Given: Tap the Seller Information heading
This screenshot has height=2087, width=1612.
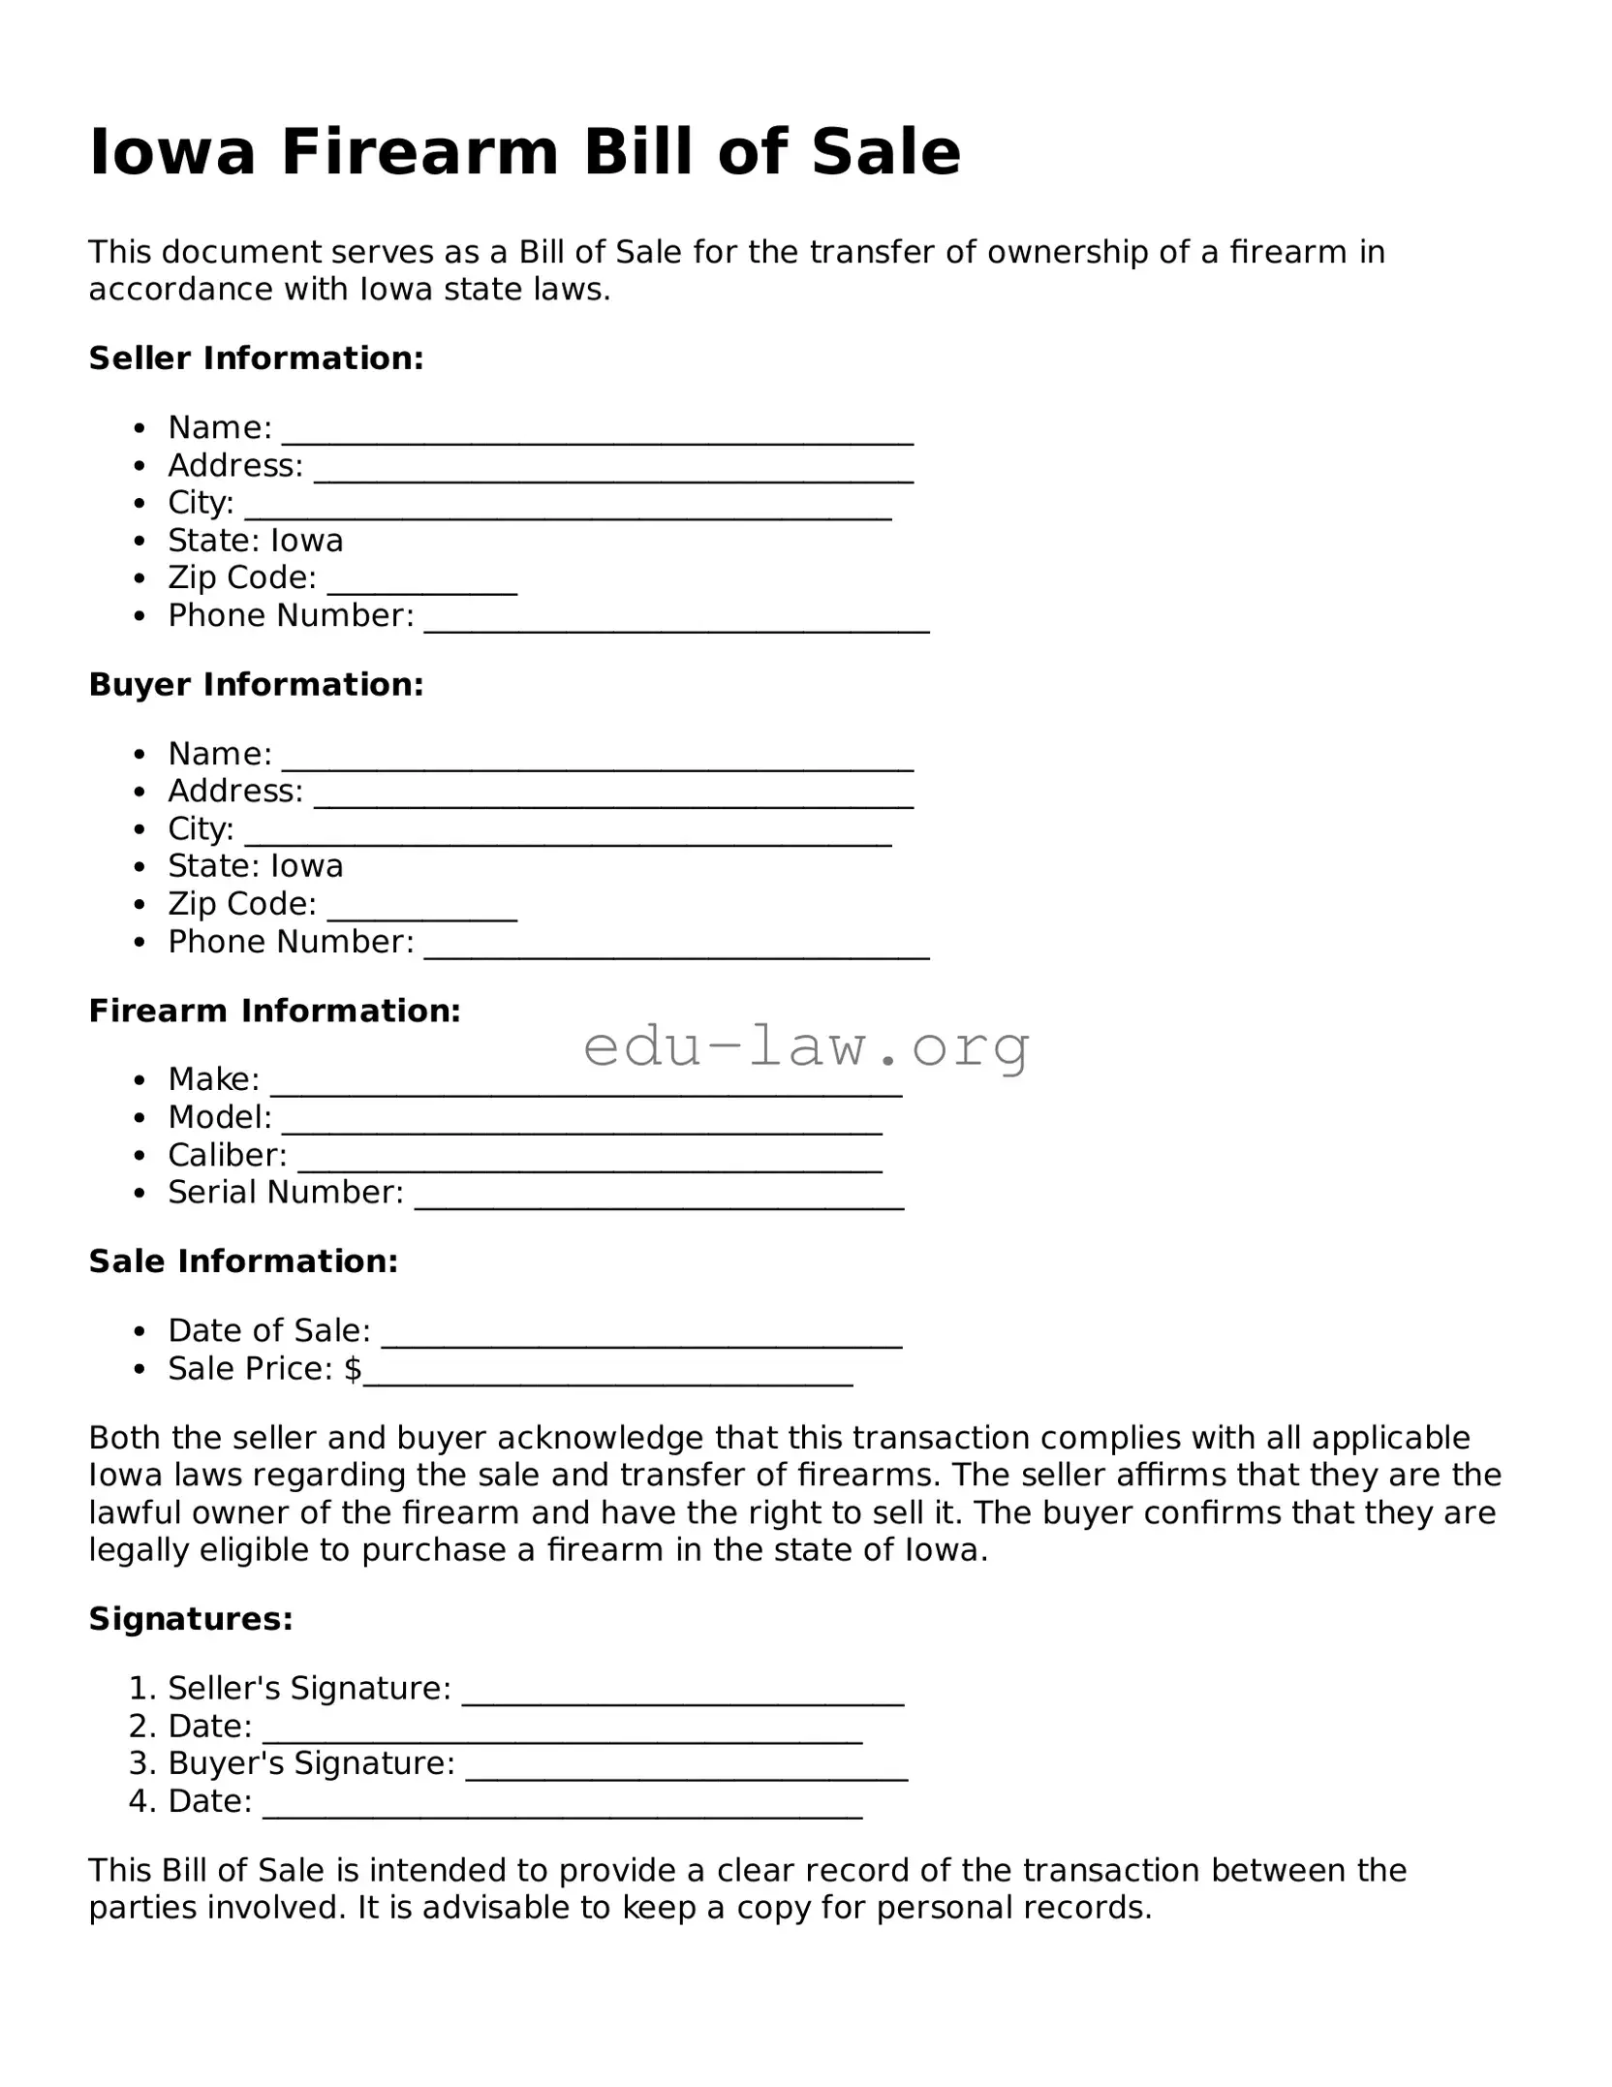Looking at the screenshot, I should coord(257,358).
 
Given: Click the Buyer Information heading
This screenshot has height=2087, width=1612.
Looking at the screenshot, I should coord(257,685).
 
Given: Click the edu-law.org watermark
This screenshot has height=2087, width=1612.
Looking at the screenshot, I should coord(805,1047).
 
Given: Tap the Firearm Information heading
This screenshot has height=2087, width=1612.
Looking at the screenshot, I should coord(275,1012).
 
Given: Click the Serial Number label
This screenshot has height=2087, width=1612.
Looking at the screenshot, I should coord(285,1193).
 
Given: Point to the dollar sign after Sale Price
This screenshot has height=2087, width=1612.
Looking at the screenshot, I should coord(353,1369).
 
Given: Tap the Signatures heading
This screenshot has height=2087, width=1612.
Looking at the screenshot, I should coord(191,1619).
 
